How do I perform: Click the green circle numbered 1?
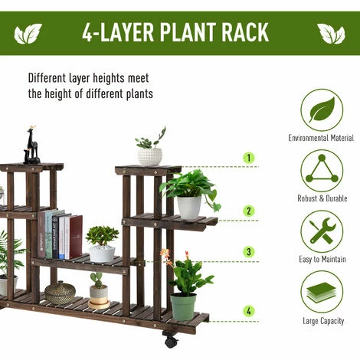pos(249,158)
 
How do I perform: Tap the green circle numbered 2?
pos(249,211)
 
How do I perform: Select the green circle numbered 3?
pos(249,252)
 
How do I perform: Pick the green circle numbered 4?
pos(249,311)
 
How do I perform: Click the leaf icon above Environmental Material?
pos(322,110)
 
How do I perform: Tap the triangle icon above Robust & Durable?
pos(322,171)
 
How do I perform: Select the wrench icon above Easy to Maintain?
pos(322,231)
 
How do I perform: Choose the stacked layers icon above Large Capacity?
pos(322,292)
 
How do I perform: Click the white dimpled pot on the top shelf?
pos(150,156)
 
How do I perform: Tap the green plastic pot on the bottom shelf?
pos(183,306)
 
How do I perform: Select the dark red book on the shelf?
pos(76,237)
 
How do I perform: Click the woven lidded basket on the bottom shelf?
pos(61,293)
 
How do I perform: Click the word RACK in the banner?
pos(245,32)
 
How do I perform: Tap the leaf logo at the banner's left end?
pos(28,34)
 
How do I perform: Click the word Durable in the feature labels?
pos(335,198)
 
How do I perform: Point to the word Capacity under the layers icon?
pos(331,321)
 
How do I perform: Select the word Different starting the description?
pos(47,78)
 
